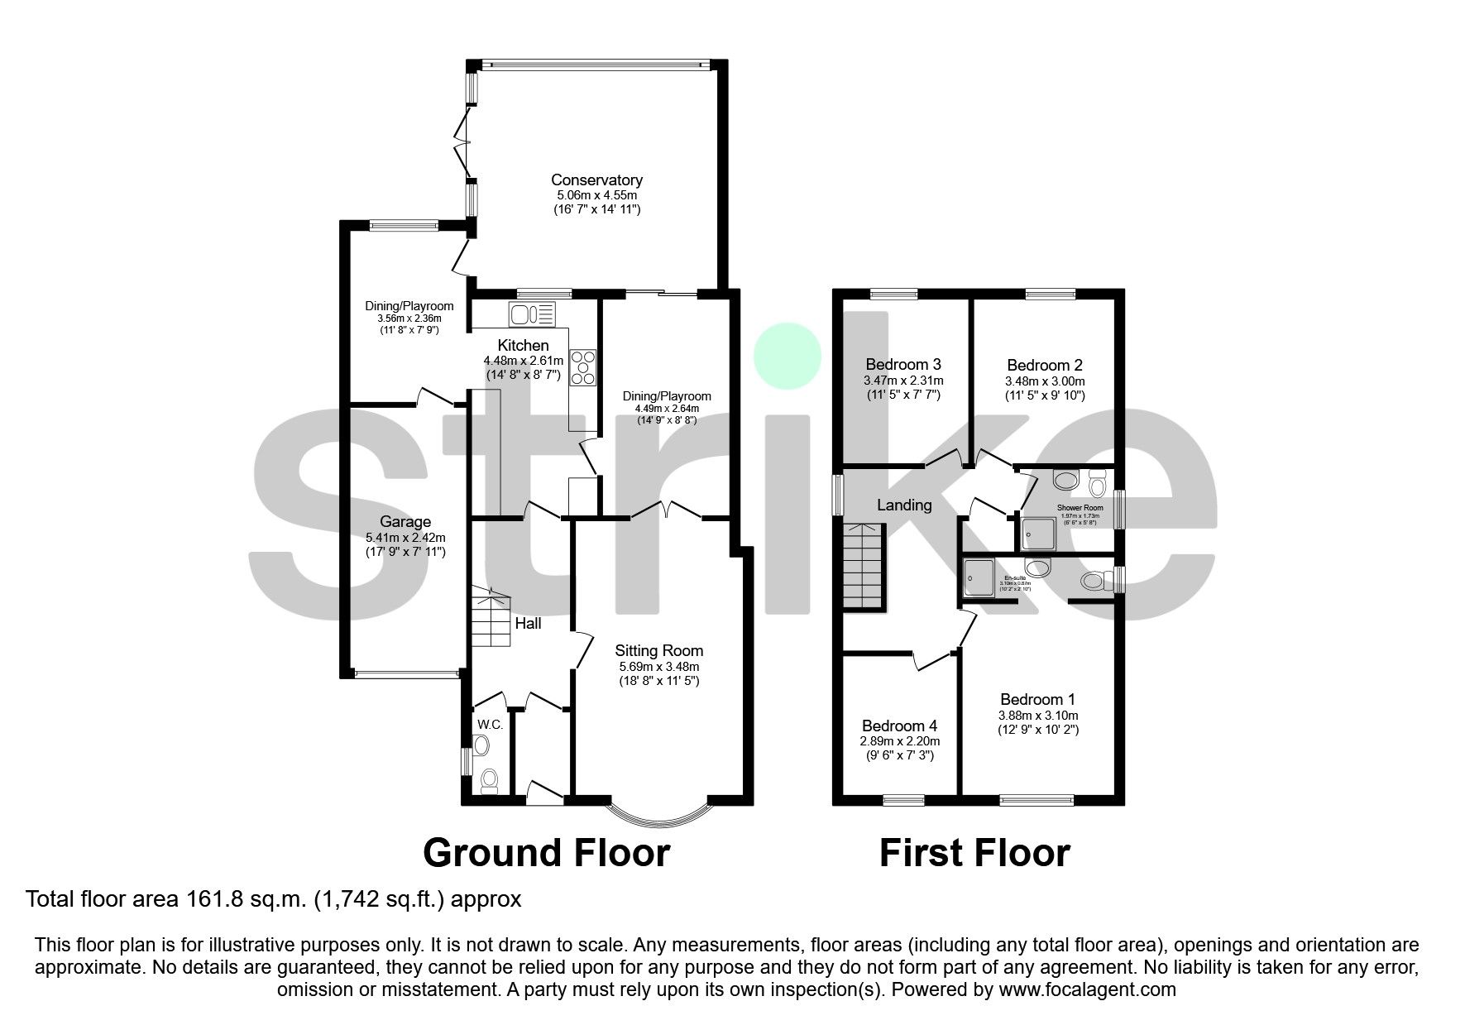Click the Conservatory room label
(x=596, y=180)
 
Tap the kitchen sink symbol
(x=533, y=314)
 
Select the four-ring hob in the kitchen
(x=582, y=367)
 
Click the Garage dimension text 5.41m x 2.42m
(x=405, y=537)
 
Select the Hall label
(x=528, y=623)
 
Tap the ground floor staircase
(x=490, y=617)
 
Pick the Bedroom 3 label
(x=902, y=364)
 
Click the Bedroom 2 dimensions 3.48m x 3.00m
(x=1044, y=381)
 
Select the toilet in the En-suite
(x=1094, y=582)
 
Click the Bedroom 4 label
(x=899, y=726)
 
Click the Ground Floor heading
(x=546, y=852)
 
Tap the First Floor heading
(x=974, y=852)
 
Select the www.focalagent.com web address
(x=1087, y=989)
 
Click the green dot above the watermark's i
(x=787, y=357)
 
